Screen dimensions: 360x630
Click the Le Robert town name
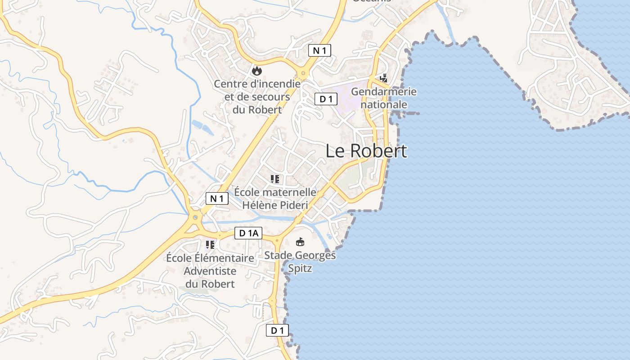pos(366,151)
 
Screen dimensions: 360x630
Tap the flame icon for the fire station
pos(256,71)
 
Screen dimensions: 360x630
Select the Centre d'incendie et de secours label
pos(257,96)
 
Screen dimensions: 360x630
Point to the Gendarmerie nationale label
pos(384,98)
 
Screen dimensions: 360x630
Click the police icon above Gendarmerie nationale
pos(383,78)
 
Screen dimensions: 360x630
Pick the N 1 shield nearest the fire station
pos(319,50)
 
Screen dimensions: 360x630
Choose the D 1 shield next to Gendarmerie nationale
pos(326,99)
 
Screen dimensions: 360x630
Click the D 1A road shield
pos(248,233)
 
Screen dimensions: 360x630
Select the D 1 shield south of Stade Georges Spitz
pos(277,330)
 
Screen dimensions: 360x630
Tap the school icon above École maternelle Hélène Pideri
pos(275,179)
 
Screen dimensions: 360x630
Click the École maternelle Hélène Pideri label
pos(275,199)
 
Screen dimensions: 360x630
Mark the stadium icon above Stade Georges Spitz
pos(300,242)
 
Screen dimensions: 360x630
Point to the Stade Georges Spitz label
pos(300,262)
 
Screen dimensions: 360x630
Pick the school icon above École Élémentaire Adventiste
pos(210,245)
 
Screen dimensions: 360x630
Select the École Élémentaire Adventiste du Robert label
pos(210,271)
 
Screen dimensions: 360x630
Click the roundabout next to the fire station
pos(303,73)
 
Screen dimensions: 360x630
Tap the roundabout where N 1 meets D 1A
pos(195,217)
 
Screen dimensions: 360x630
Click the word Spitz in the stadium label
pos(300,269)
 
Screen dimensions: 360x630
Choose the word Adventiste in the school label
pos(210,271)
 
